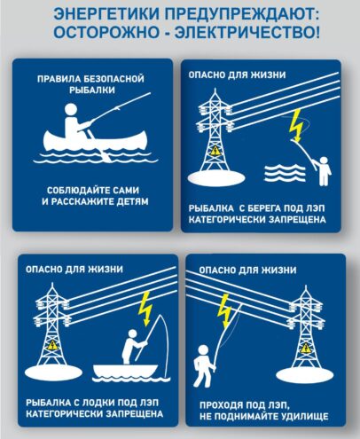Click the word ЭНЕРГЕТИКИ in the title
tap(106, 14)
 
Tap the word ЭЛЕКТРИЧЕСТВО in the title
tap(247, 32)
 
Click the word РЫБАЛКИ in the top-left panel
tap(92, 90)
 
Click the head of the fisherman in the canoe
tap(71, 110)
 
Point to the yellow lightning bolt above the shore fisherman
tap(296, 125)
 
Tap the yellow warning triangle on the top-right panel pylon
tap(214, 151)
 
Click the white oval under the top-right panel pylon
tap(216, 178)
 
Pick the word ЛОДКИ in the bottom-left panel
tap(98, 403)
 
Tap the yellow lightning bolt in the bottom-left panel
tap(146, 309)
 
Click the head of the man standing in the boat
tap(132, 334)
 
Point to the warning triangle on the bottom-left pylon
tap(53, 345)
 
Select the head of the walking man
tap(204, 350)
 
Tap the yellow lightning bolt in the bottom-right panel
tap(225, 310)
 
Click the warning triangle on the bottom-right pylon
tap(305, 348)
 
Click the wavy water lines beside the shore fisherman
tap(285, 174)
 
